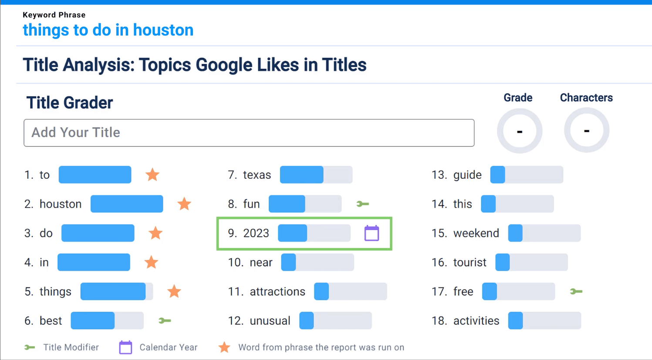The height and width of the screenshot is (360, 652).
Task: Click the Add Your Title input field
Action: point(249,132)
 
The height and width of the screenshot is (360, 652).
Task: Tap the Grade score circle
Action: point(519,131)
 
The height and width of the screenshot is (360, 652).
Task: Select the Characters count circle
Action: point(586,130)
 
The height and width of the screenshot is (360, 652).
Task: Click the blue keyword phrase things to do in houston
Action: point(108,30)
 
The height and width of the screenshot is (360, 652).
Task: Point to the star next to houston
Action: point(184,204)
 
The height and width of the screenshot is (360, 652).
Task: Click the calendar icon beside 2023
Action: point(372,233)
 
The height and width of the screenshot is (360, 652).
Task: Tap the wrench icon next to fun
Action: point(362,204)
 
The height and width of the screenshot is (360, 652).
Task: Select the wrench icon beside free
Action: point(576,292)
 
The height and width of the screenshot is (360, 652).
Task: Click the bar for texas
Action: point(316,175)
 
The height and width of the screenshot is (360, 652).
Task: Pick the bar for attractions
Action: point(350,292)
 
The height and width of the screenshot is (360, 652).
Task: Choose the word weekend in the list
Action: point(476,233)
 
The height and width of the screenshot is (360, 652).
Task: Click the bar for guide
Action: point(526,175)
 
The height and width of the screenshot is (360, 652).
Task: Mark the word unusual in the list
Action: point(270,321)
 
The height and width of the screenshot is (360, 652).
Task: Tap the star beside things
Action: point(174,292)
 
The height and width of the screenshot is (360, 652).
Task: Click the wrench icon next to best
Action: point(165,321)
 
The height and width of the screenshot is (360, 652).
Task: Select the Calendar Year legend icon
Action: point(125,347)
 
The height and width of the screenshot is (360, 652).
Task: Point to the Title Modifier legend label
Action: point(71,347)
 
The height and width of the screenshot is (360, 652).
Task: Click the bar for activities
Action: point(544,321)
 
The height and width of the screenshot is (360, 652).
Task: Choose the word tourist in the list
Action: point(470,262)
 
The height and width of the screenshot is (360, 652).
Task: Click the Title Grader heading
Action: point(70,103)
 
